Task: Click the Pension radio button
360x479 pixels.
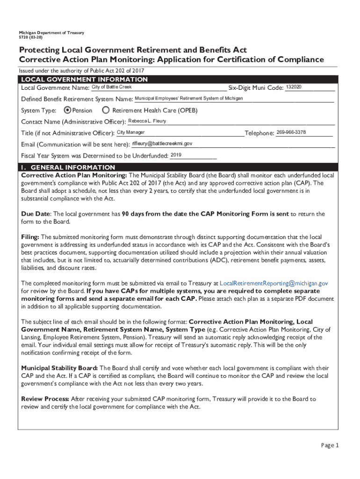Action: (67, 110)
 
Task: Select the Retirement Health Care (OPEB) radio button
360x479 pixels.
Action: (106, 110)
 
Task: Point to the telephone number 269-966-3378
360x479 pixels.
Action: (291, 132)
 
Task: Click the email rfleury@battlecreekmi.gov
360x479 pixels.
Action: (162, 144)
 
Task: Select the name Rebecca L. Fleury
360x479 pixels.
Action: (147, 121)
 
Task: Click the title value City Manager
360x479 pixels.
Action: (130, 132)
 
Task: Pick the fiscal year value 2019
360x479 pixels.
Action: (176, 155)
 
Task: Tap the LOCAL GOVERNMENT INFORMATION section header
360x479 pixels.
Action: (84, 80)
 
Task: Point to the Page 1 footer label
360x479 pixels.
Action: (330, 445)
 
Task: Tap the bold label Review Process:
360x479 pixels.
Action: (45, 399)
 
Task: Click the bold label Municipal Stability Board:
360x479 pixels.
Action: (59, 368)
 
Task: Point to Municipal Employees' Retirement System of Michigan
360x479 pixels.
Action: (188, 98)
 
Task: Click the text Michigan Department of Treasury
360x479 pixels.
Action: (51, 33)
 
